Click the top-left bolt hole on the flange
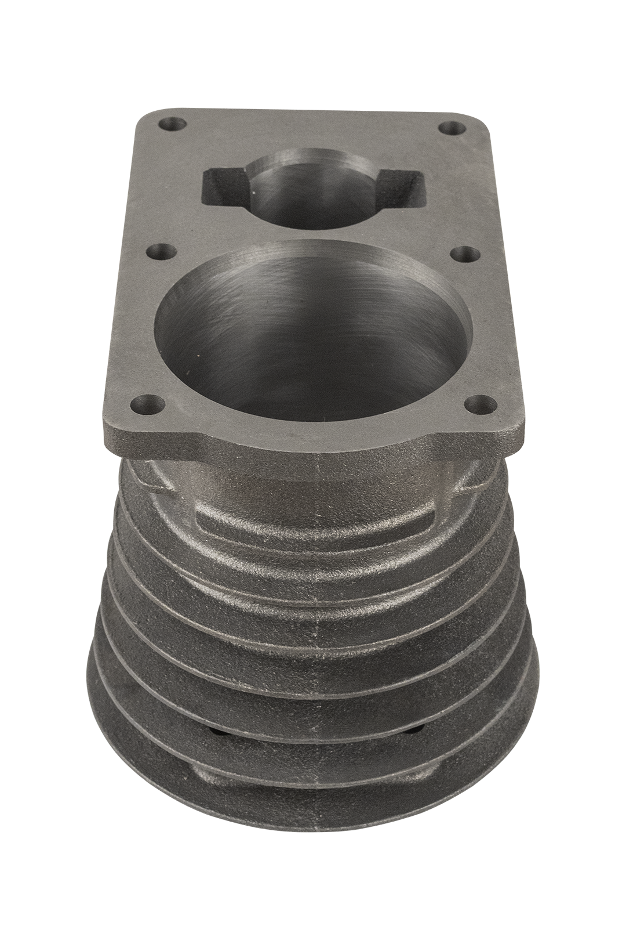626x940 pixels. pos(166,124)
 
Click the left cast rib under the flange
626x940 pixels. pos(145,479)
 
